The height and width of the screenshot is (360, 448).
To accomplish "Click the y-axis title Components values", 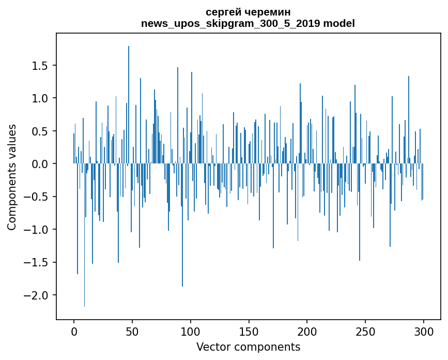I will click(11, 177).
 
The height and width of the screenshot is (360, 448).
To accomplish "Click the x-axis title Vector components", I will click(248, 347).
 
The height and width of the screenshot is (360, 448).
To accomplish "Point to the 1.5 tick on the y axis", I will click(42, 66).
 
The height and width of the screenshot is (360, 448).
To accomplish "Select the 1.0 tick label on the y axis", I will click(42, 98).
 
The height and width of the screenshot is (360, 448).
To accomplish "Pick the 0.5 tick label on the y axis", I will click(42, 131).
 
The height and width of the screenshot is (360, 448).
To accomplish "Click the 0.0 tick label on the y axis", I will click(42, 164).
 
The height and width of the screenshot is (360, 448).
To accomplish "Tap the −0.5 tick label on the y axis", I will click(38, 197).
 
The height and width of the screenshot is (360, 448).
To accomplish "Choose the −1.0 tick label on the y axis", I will click(38, 230).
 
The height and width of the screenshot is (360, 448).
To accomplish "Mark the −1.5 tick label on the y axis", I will click(38, 263).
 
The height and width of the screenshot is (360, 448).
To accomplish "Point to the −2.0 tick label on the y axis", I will click(38, 295).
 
